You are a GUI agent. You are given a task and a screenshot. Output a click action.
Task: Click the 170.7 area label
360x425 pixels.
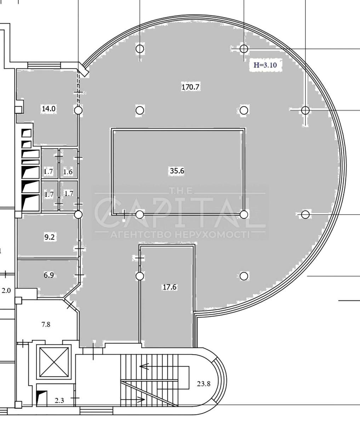[190, 87]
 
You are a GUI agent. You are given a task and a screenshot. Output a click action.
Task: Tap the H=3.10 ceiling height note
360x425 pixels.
[265, 65]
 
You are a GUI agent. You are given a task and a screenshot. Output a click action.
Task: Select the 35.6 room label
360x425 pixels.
[177, 171]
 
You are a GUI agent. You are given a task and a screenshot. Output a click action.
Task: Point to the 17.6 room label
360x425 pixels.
[170, 287]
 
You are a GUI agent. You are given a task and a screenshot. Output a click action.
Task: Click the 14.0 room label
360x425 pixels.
[49, 109]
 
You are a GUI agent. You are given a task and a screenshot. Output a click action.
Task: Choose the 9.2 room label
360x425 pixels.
[50, 237]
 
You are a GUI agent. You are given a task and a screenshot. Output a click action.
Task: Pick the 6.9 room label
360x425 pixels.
[49, 275]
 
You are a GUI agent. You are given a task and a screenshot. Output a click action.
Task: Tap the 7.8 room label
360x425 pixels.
[46, 324]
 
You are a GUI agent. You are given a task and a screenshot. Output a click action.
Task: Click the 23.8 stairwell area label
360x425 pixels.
[204, 384]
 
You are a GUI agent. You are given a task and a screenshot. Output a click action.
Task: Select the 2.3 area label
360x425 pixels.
[59, 406]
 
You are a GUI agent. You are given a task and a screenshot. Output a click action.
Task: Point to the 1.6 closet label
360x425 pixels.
[68, 172]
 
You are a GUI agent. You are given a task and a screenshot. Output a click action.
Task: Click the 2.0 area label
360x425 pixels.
[6, 291]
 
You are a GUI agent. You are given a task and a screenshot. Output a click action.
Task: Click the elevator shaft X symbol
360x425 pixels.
[54, 362]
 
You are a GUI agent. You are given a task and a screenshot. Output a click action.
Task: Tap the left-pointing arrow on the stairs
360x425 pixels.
[144, 366]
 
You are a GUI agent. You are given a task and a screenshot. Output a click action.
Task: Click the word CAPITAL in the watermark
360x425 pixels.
[180, 212]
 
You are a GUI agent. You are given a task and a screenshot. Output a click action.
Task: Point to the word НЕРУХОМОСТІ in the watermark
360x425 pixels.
[213, 234]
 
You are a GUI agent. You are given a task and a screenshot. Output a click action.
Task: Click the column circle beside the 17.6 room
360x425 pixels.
[140, 276]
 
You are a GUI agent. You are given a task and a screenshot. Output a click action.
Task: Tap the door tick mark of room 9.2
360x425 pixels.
[80, 249]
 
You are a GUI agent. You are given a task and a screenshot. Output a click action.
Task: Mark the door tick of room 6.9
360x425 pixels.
[80, 275]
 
